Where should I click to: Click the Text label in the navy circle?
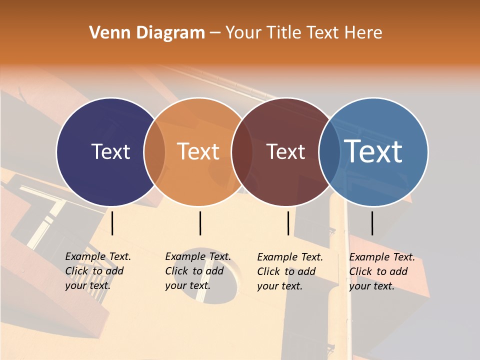click(110, 151)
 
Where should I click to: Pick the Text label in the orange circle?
click(198, 151)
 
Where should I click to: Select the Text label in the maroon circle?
click(285, 151)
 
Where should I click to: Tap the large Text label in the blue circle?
click(373, 151)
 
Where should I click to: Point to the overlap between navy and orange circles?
click(154, 151)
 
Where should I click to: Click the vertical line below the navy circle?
click(112, 223)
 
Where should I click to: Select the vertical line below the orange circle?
click(200, 223)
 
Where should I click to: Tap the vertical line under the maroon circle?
click(288, 223)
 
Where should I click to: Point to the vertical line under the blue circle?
click(372, 223)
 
